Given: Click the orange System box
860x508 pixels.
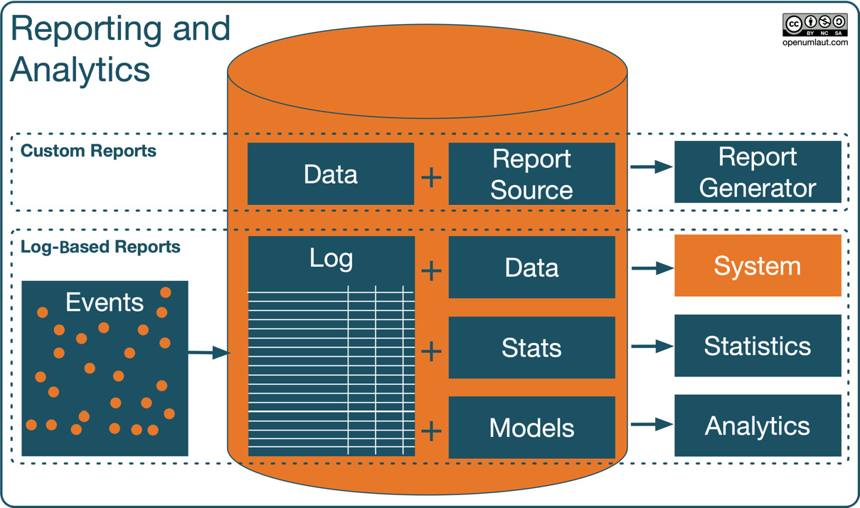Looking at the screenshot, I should click(758, 266).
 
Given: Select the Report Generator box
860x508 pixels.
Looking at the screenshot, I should click(758, 172).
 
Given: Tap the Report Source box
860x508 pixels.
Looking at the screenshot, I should click(531, 174).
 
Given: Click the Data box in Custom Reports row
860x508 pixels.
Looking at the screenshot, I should click(331, 174).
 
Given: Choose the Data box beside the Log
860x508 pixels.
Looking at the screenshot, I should click(531, 268).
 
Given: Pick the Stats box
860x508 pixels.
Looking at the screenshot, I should click(531, 348).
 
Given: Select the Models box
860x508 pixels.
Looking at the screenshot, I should click(531, 428).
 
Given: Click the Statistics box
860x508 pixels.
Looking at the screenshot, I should click(758, 346).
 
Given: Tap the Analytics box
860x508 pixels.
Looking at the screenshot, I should click(758, 426).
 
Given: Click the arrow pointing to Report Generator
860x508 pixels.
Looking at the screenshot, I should click(651, 167).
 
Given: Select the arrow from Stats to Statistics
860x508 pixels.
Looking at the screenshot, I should click(652, 346).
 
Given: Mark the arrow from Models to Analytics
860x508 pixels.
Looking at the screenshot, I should click(652, 425).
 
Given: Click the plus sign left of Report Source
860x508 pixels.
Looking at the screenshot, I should click(432, 177).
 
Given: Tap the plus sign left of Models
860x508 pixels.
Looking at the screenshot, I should click(432, 431).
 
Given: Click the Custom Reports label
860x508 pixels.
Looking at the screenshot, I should click(88, 151).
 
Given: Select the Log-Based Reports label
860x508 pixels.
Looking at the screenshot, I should click(100, 247).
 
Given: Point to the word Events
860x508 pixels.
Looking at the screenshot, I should click(105, 302).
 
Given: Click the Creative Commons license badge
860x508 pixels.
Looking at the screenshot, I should click(814, 25).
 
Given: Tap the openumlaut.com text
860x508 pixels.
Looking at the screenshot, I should click(814, 43).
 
